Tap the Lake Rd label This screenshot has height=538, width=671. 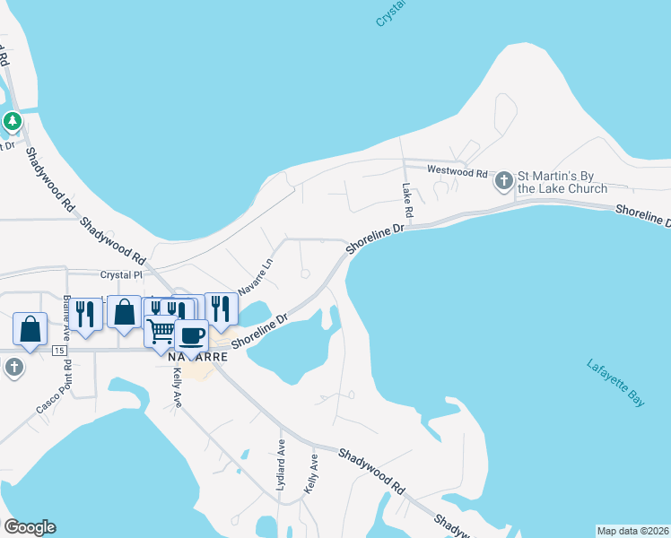point(407,202)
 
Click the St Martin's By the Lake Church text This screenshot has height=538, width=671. point(562,182)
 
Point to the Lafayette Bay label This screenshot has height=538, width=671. point(615,384)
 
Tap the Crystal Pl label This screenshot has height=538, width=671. point(121,276)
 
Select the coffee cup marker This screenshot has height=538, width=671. point(192,336)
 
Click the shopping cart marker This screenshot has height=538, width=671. point(161,331)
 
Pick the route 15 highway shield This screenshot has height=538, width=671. point(59,349)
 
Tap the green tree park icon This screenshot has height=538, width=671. point(13,120)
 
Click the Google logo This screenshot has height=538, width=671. point(30,527)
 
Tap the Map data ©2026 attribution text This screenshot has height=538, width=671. point(632,531)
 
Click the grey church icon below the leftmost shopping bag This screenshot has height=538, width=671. point(13,367)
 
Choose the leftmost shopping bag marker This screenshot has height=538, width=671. point(30,329)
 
